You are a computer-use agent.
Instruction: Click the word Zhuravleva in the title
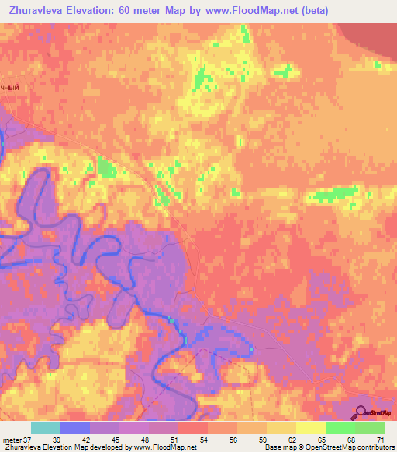click(35, 10)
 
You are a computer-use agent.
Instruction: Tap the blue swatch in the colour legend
click(75, 428)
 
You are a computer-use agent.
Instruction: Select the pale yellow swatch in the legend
click(311, 428)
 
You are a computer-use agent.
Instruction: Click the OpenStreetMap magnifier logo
click(361, 412)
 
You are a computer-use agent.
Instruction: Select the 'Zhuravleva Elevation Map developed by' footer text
click(61, 447)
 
